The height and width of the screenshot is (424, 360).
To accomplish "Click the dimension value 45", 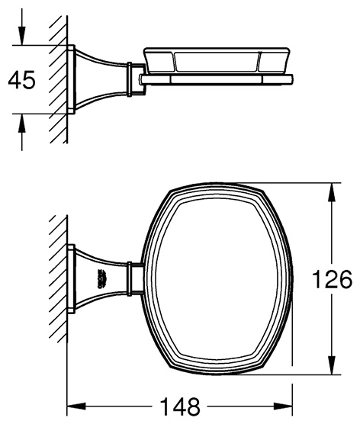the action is point(21,80).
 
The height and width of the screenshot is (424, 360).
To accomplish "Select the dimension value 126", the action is point(332,279).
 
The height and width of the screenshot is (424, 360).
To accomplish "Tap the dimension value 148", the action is point(180,406).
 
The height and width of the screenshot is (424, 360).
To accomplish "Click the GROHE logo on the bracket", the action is point(101,279).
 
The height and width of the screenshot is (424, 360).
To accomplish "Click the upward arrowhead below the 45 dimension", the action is point(21,124).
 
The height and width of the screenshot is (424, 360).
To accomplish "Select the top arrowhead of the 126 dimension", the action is point(332,192).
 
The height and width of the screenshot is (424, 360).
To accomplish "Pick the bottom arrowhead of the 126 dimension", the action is point(332,365).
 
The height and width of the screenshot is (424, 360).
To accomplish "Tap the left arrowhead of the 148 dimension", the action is point(76,406).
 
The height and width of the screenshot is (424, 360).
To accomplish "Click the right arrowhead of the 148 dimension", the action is point(283,406).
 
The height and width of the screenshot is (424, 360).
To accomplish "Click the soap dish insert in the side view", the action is point(217,60).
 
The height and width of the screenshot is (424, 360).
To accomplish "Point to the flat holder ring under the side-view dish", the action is point(216,79).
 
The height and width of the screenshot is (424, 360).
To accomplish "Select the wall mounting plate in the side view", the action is point(71,79).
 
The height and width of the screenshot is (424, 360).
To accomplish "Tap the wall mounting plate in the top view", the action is point(71,279).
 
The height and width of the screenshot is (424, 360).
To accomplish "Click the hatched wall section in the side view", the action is point(58,79).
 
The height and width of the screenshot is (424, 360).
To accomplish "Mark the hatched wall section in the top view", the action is point(58,278).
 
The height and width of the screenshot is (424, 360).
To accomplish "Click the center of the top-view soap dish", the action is point(217,279).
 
